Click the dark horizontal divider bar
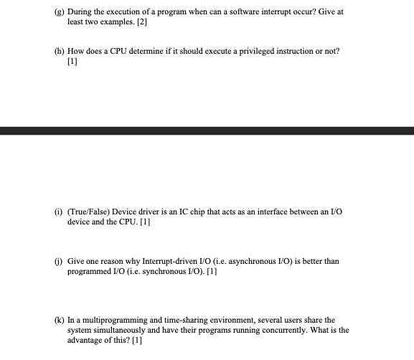tap(207, 131)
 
